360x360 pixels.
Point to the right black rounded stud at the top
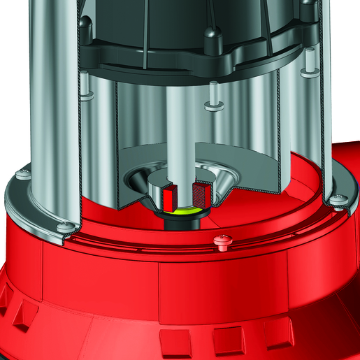tap(307, 8)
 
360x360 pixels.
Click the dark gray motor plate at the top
tap(182, 59)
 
